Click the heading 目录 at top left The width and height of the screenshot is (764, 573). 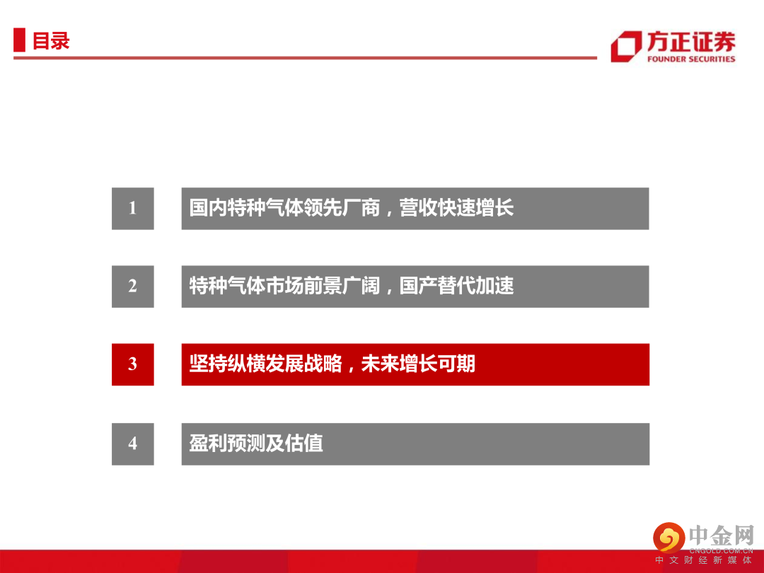point(51,40)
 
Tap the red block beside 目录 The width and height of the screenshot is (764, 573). point(19,40)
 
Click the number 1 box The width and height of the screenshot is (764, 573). point(132,209)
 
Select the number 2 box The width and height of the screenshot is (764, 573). point(132,286)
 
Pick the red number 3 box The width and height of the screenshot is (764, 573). point(132,364)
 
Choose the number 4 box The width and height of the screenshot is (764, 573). point(132,444)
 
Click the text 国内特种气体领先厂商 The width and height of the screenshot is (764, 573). point(284,208)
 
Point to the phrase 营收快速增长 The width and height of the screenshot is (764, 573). point(456,208)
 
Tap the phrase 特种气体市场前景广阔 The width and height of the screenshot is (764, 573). point(284,286)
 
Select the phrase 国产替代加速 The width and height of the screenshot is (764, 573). point(456,286)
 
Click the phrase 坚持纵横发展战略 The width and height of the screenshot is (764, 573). point(265,364)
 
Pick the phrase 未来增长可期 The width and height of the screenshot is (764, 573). point(418,364)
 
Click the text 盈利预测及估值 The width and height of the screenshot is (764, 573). point(256,444)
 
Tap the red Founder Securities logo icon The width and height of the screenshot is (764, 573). point(626,47)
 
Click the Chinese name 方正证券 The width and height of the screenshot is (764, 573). point(691,42)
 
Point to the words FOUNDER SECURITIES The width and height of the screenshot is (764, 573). point(691,59)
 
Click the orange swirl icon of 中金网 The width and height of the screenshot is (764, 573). point(669,538)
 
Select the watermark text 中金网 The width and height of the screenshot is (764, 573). point(722,536)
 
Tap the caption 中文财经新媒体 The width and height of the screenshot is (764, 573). point(703,560)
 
